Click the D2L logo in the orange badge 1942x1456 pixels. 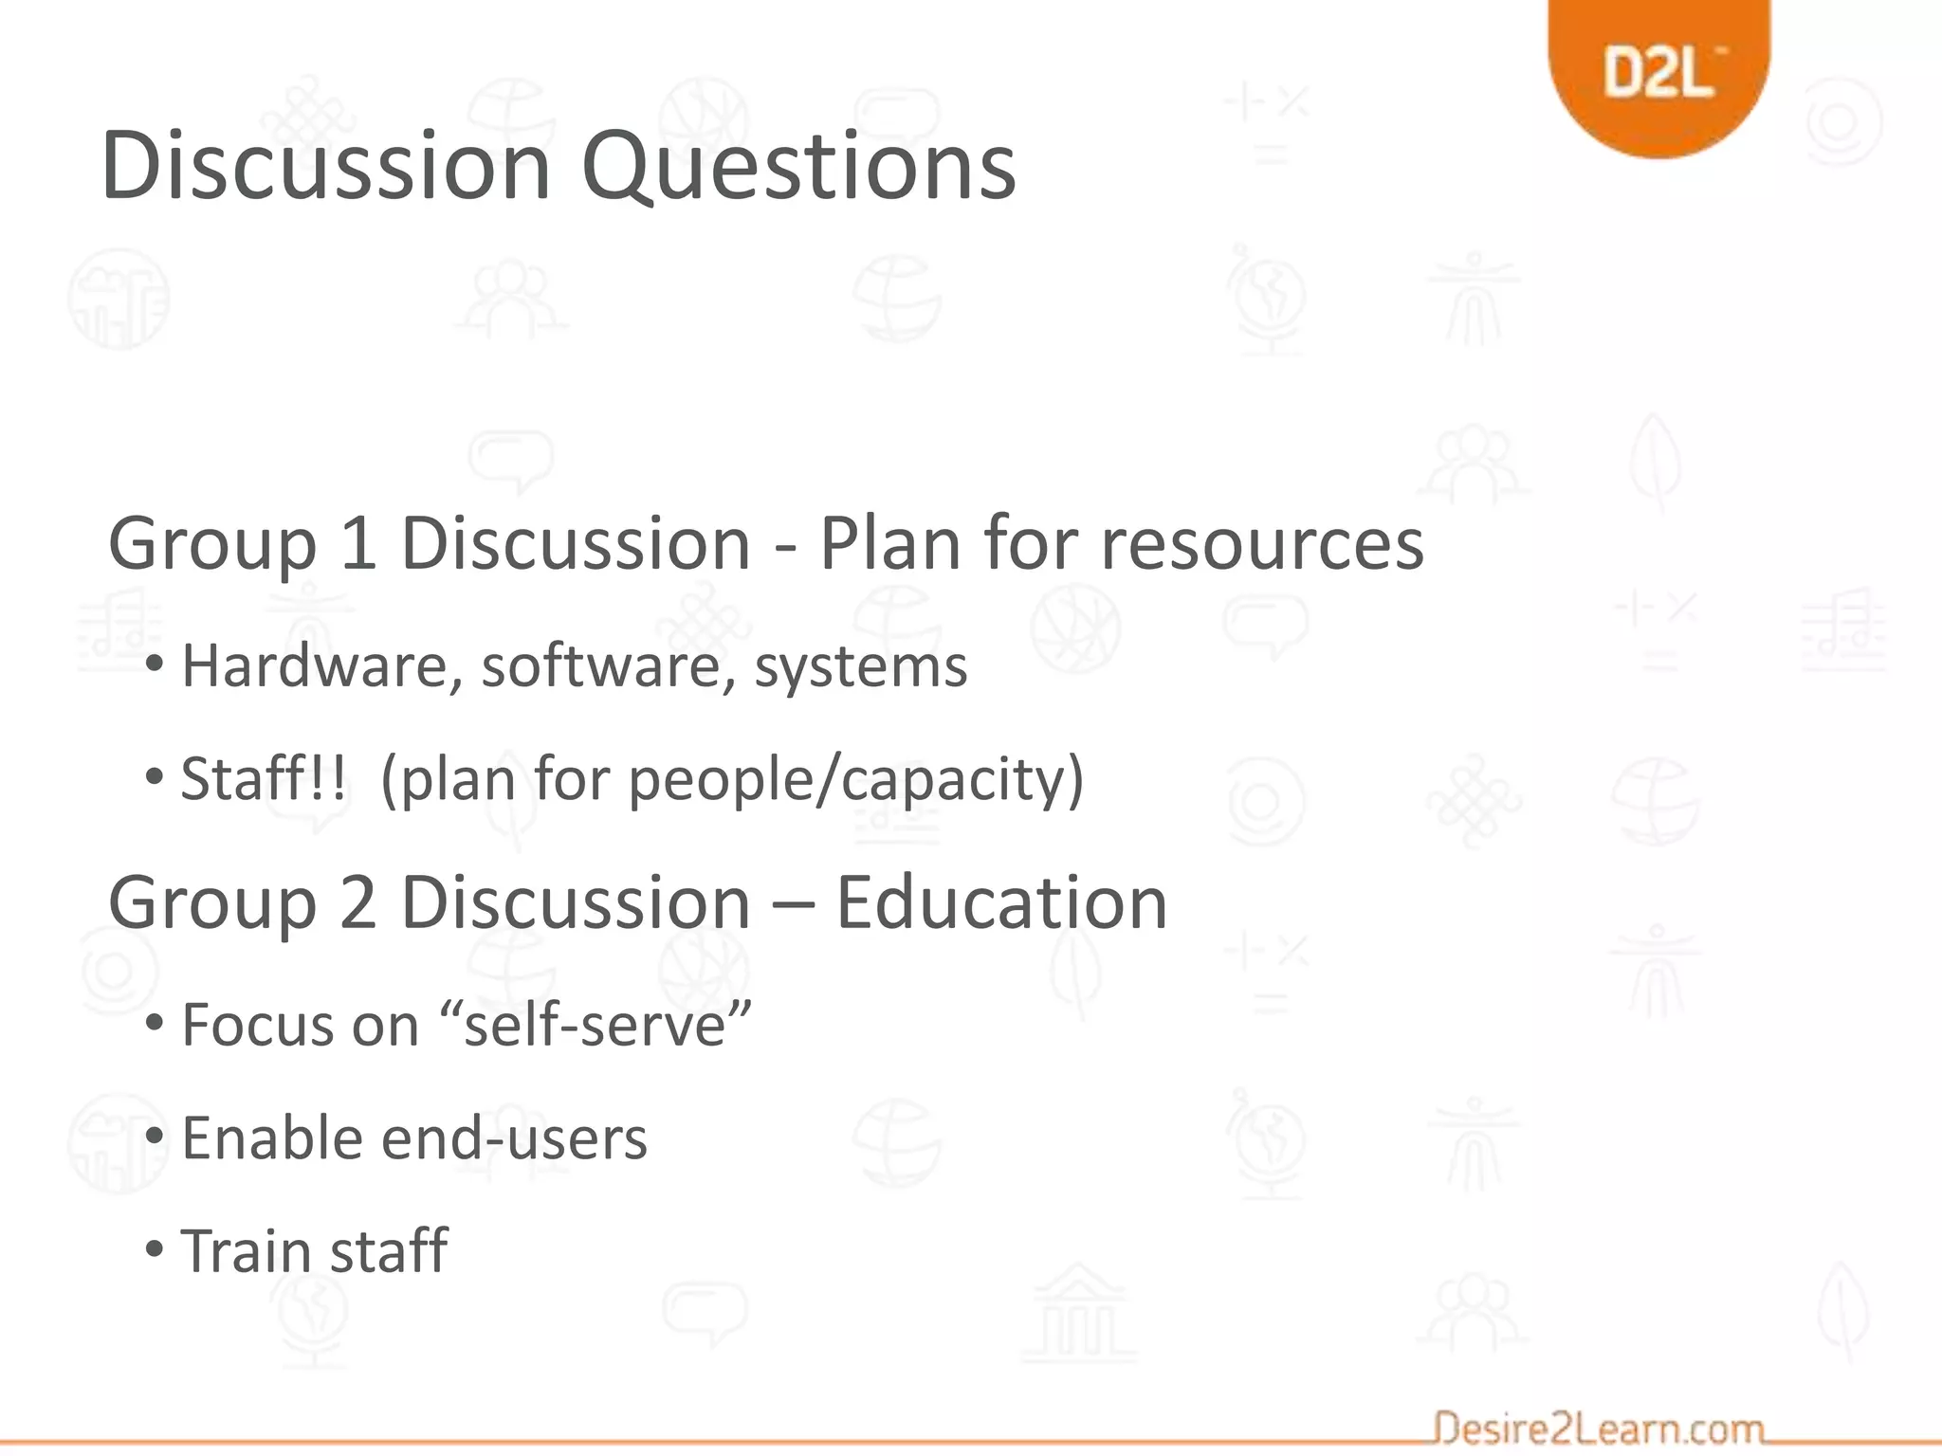(x=1660, y=72)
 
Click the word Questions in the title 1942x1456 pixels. (x=798, y=167)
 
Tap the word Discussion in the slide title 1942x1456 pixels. (x=326, y=167)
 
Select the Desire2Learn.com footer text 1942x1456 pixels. (x=1598, y=1428)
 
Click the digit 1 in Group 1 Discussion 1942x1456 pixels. (x=357, y=544)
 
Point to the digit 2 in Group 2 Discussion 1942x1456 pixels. (x=357, y=902)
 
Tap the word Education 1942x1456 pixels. (x=1001, y=902)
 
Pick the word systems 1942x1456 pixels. (x=860, y=667)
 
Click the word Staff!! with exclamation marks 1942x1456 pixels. (x=263, y=778)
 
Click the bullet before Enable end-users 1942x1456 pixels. (x=155, y=1137)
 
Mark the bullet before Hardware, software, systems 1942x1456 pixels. (x=155, y=664)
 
